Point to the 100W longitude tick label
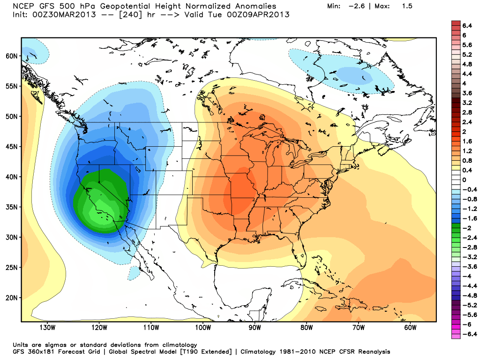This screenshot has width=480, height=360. [x=203, y=328]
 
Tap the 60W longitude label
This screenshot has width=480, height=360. [x=410, y=328]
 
